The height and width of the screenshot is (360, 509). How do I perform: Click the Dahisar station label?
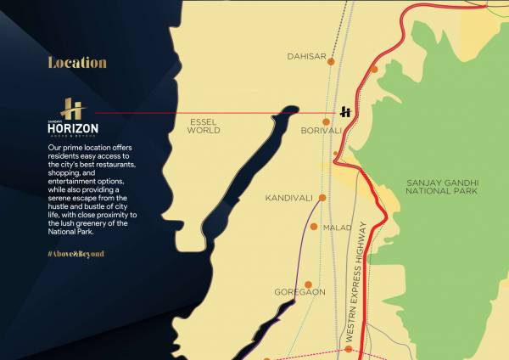[306, 57]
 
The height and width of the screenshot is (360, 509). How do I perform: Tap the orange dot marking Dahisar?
[332, 61]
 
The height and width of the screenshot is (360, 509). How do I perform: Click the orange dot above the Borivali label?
[326, 122]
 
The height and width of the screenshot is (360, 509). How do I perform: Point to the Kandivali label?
[288, 198]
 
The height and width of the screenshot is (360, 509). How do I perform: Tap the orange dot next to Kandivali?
[322, 198]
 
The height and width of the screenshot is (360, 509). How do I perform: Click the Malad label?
[337, 228]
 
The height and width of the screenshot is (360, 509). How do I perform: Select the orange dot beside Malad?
[315, 227]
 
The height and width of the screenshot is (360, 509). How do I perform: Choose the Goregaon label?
[299, 292]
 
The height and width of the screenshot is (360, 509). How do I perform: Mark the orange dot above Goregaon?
[309, 284]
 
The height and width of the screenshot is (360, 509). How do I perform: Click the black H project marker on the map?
[346, 112]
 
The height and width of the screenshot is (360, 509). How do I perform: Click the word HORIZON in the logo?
[73, 127]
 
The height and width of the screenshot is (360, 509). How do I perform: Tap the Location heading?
[77, 63]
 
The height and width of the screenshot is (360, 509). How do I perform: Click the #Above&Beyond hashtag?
[76, 254]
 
